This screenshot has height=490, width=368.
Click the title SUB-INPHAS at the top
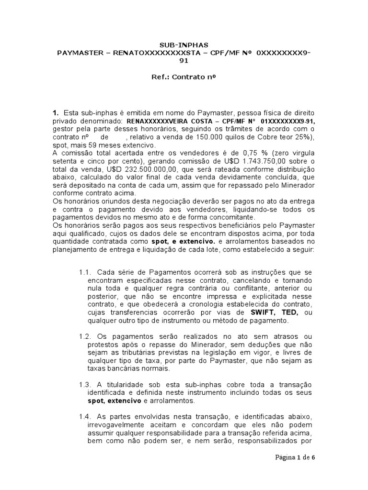click(184, 44)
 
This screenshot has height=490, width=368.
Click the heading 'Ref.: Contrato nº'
click(184, 76)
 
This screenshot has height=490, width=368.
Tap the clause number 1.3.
click(84, 385)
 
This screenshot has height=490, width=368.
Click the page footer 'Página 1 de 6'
click(295, 457)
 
